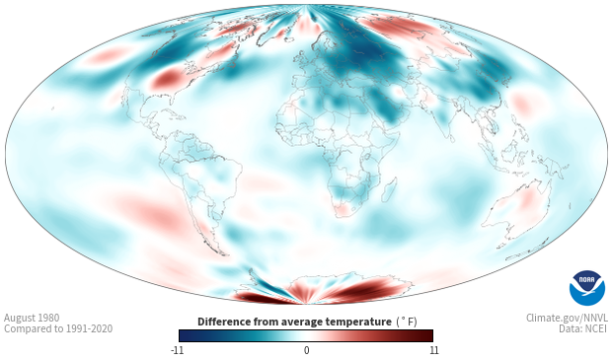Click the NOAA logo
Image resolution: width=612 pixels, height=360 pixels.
pyautogui.click(x=587, y=288)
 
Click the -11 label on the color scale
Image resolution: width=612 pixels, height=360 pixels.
pyautogui.click(x=177, y=350)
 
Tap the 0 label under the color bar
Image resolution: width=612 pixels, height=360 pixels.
pyautogui.click(x=306, y=350)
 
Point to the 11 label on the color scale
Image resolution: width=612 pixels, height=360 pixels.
pyautogui.click(x=433, y=350)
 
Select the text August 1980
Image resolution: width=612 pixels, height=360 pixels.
pyautogui.click(x=32, y=318)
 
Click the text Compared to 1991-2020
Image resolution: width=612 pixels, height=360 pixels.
pyautogui.click(x=58, y=328)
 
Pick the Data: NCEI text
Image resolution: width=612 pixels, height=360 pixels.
pyautogui.click(x=583, y=328)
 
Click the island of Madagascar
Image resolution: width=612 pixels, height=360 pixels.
pyautogui.click(x=389, y=190)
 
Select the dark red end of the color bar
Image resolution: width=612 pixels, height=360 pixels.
pyautogui.click(x=425, y=335)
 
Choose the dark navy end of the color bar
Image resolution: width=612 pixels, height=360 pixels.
pyautogui.click(x=187, y=335)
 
